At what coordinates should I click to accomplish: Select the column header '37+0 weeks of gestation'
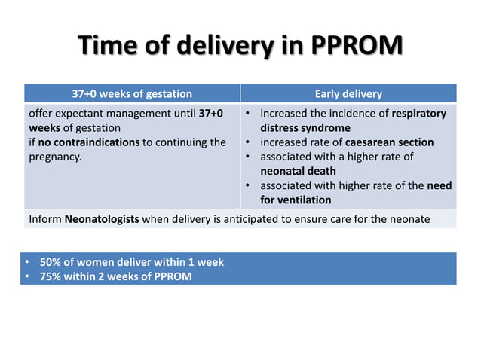coord(132,94)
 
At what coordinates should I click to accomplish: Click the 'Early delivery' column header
coord(348,94)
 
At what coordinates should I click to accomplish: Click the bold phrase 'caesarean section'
coord(389,142)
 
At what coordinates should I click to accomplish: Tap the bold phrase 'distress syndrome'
coord(305,128)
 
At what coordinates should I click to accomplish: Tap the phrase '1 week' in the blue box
coord(207,262)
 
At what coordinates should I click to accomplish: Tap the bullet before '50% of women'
coord(26,262)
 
